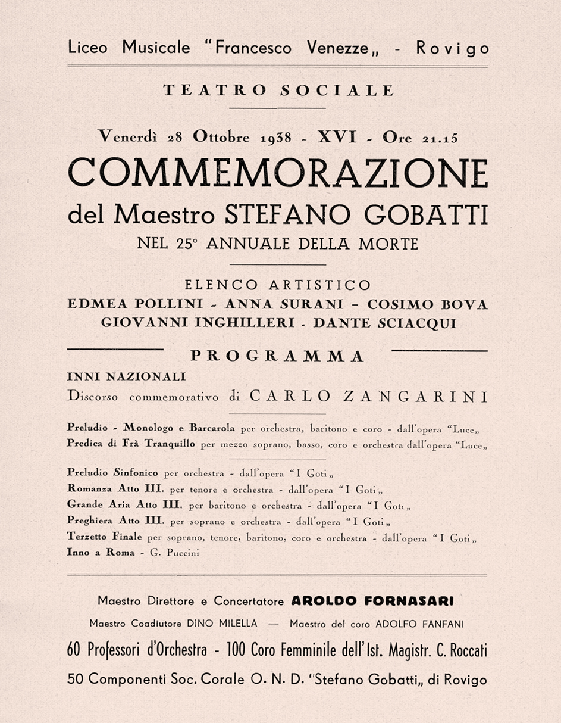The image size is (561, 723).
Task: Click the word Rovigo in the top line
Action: [452, 49]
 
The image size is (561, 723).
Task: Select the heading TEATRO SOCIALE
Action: [278, 91]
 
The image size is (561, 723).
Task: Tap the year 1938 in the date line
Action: [276, 138]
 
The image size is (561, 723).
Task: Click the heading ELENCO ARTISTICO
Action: [278, 285]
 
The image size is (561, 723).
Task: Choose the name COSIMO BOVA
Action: [427, 304]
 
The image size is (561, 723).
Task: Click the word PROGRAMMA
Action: [277, 356]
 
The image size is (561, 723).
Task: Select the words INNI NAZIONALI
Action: [127, 377]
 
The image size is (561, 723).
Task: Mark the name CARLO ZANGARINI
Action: [369, 396]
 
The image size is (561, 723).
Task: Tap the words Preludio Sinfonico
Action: [113, 473]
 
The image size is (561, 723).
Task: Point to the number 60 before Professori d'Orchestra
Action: [75, 651]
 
